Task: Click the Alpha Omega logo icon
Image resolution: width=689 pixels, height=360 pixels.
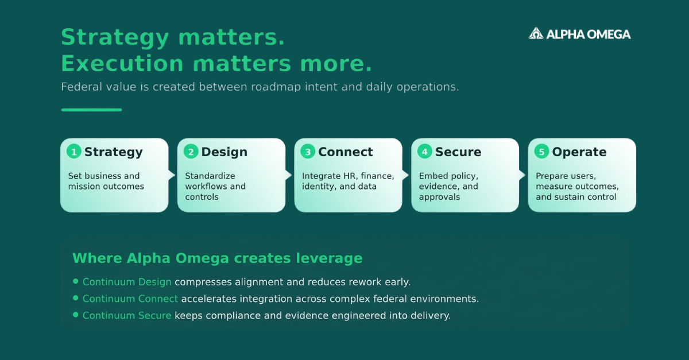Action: pyautogui.click(x=536, y=33)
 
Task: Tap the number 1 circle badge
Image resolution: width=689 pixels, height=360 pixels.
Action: pyautogui.click(x=74, y=152)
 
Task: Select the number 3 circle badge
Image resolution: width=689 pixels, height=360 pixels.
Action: pyautogui.click(x=308, y=152)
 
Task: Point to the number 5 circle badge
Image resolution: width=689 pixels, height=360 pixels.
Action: pyautogui.click(x=541, y=152)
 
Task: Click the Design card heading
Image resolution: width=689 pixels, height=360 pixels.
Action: pyautogui.click(x=224, y=152)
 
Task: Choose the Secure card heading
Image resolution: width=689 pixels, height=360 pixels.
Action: pyautogui.click(x=458, y=152)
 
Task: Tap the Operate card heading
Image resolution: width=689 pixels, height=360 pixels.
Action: pyautogui.click(x=579, y=152)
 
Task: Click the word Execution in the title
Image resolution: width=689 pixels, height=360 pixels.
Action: pyautogui.click(x=122, y=63)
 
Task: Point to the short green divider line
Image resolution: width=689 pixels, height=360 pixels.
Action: pyautogui.click(x=92, y=110)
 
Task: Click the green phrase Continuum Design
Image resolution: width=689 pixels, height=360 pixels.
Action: pyautogui.click(x=127, y=282)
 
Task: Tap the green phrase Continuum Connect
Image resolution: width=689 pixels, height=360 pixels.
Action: pyautogui.click(x=130, y=299)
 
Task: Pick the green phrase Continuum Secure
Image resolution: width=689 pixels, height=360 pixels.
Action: pyautogui.click(x=127, y=315)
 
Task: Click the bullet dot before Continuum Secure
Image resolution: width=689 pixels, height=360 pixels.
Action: pyautogui.click(x=76, y=315)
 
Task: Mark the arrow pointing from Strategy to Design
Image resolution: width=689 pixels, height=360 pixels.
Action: pyautogui.click(x=172, y=175)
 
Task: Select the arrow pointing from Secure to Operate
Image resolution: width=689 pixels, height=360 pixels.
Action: pyautogui.click(x=522, y=175)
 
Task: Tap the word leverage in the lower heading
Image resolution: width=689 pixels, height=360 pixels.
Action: pyautogui.click(x=329, y=258)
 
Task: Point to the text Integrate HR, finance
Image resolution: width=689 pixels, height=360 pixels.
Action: pyautogui.click(x=348, y=176)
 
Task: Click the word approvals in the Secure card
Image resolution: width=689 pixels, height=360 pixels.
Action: pyautogui.click(x=439, y=198)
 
